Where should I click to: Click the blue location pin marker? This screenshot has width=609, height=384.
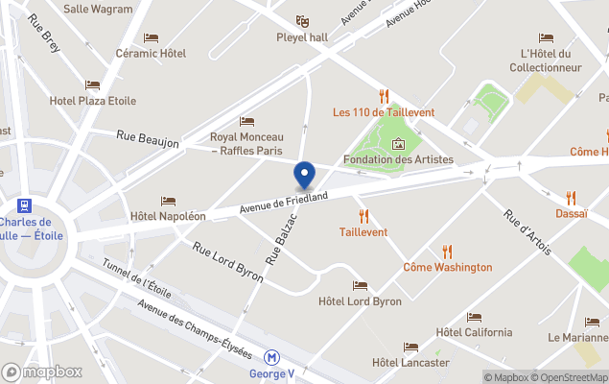305,176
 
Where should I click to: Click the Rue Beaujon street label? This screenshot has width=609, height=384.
148,140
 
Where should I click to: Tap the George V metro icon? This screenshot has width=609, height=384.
272,355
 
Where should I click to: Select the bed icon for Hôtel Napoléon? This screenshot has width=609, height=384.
168,202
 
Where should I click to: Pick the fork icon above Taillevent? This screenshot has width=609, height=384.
363,216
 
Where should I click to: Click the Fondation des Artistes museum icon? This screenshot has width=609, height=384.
399,144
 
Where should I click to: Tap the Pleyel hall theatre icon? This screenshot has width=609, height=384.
303,21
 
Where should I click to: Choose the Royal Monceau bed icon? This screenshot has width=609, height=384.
246,122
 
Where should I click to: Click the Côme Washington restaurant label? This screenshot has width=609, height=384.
447,267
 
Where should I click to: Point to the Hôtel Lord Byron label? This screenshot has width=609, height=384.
360,301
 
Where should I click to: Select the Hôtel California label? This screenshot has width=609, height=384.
474,332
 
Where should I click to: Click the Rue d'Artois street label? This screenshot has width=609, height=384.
527,232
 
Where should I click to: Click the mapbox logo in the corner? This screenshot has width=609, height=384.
42,372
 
